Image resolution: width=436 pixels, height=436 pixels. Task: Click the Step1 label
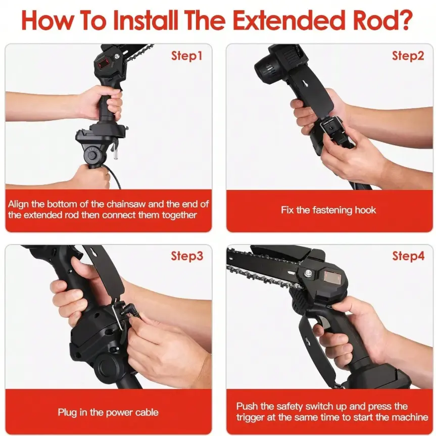(x=186, y=56)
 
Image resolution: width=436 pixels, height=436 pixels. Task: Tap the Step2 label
(x=408, y=56)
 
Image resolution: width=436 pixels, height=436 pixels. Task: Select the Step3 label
(x=187, y=256)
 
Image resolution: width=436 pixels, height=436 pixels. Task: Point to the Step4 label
(x=408, y=256)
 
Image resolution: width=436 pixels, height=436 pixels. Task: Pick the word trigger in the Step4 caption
(x=250, y=417)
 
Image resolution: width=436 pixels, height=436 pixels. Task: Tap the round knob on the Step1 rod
(x=91, y=155)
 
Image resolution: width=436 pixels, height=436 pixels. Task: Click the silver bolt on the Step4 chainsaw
(x=308, y=273)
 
